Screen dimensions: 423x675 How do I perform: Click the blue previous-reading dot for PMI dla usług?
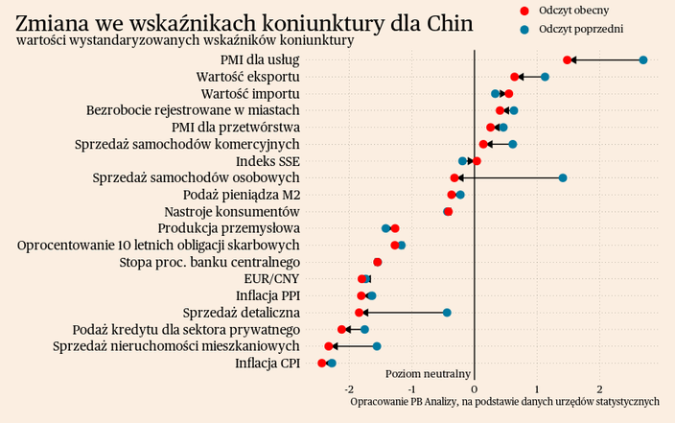coord(643,60)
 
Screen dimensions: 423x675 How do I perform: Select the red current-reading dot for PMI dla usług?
coord(568,60)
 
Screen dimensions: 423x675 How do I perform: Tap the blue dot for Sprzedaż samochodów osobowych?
coord(563,178)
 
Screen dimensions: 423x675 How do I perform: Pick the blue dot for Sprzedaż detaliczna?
coord(447,313)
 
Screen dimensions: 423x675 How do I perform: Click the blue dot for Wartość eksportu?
coord(545,77)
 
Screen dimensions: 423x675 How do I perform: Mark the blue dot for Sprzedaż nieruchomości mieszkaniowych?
coord(377,346)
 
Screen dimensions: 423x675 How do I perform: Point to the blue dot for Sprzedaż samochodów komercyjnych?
coord(513,145)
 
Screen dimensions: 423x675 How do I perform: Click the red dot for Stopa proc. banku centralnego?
coord(377,262)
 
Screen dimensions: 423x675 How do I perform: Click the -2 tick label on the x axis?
coord(349,388)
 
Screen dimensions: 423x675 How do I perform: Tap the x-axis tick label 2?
coord(600,388)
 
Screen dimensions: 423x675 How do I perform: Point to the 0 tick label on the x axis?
coord(475,388)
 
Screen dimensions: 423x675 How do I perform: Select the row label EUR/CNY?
coord(272,279)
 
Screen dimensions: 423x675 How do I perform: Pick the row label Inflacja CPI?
coord(268,364)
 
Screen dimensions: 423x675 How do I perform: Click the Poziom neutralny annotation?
coord(428,373)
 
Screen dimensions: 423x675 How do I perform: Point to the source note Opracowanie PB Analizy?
coord(505,401)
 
